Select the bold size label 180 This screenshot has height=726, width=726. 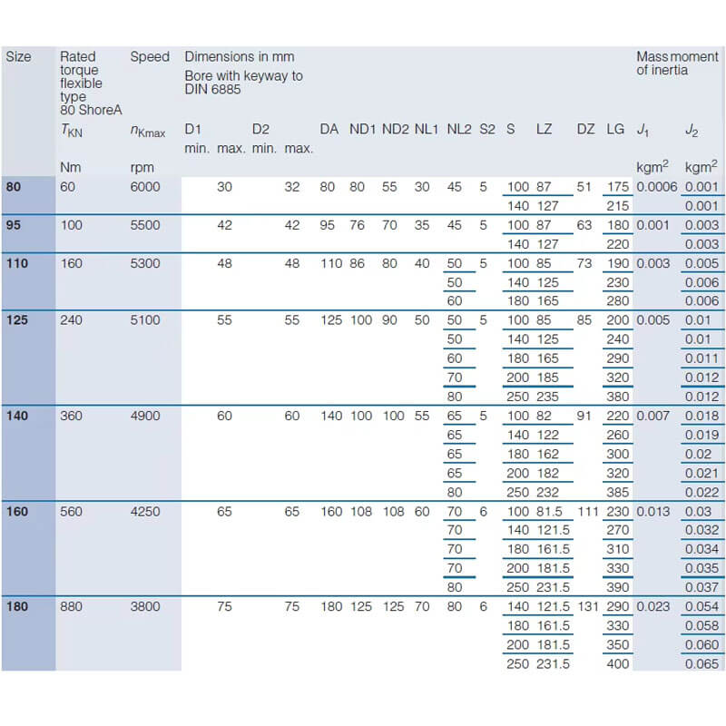(x=17, y=606)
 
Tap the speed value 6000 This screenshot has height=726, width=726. (x=145, y=187)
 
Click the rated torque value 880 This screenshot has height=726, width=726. (x=71, y=606)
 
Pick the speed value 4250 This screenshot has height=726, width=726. (x=145, y=511)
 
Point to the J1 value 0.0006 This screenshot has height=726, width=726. (x=656, y=187)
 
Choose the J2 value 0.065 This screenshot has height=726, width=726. (x=701, y=663)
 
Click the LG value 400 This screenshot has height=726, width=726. (x=617, y=663)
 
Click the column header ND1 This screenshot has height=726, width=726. (x=362, y=129)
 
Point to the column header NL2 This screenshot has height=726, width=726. (x=459, y=129)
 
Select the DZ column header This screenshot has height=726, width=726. (x=586, y=129)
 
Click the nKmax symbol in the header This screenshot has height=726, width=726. (x=148, y=132)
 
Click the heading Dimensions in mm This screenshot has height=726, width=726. (x=239, y=56)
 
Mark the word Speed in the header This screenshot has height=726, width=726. (x=150, y=56)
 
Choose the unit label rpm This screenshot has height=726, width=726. (x=142, y=167)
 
